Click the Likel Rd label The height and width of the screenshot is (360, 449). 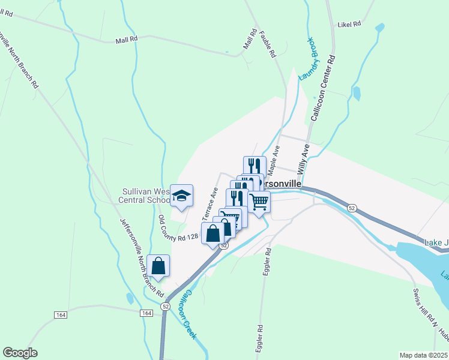pos(349,24)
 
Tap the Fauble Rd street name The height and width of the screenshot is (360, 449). pos(267,44)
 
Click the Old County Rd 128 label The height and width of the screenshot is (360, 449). pos(178,227)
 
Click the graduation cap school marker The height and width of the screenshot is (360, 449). pos(181,196)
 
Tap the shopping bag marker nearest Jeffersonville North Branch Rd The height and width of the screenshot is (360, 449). pos(158,266)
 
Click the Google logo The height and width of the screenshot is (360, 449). pos(20,353)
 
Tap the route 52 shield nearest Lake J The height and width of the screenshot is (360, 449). pos(352,208)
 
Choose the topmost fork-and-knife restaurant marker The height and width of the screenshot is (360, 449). pos(255,166)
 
